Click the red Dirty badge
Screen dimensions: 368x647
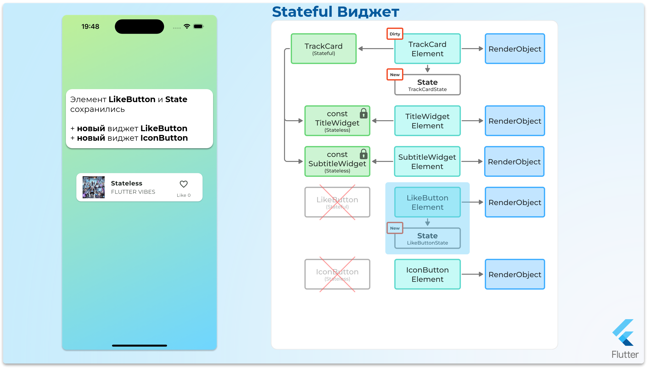coord(395,34)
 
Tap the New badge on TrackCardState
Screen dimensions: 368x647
coord(395,75)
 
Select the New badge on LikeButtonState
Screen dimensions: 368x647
coord(395,228)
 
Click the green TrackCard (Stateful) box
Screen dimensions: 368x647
coord(323,49)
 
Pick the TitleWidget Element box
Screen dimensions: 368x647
coord(427,121)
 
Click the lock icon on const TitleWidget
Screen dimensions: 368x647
coord(363,113)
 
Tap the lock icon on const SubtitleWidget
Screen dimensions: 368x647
coord(363,154)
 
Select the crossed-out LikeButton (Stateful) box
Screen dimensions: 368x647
coord(337,202)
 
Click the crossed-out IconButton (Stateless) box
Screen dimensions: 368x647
coord(337,274)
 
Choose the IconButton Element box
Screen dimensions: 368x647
coord(427,274)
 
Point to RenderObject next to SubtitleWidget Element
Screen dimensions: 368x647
coord(514,161)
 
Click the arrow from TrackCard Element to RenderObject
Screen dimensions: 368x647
coord(472,49)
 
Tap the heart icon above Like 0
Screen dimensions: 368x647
coord(184,184)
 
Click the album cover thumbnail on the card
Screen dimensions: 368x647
coord(93,187)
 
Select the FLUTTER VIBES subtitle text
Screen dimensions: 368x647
coord(133,192)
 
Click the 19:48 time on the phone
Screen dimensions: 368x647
coord(90,27)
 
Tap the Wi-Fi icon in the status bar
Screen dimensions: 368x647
coord(187,26)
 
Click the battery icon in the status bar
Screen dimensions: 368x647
coord(198,26)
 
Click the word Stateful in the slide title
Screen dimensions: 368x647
coord(302,12)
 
